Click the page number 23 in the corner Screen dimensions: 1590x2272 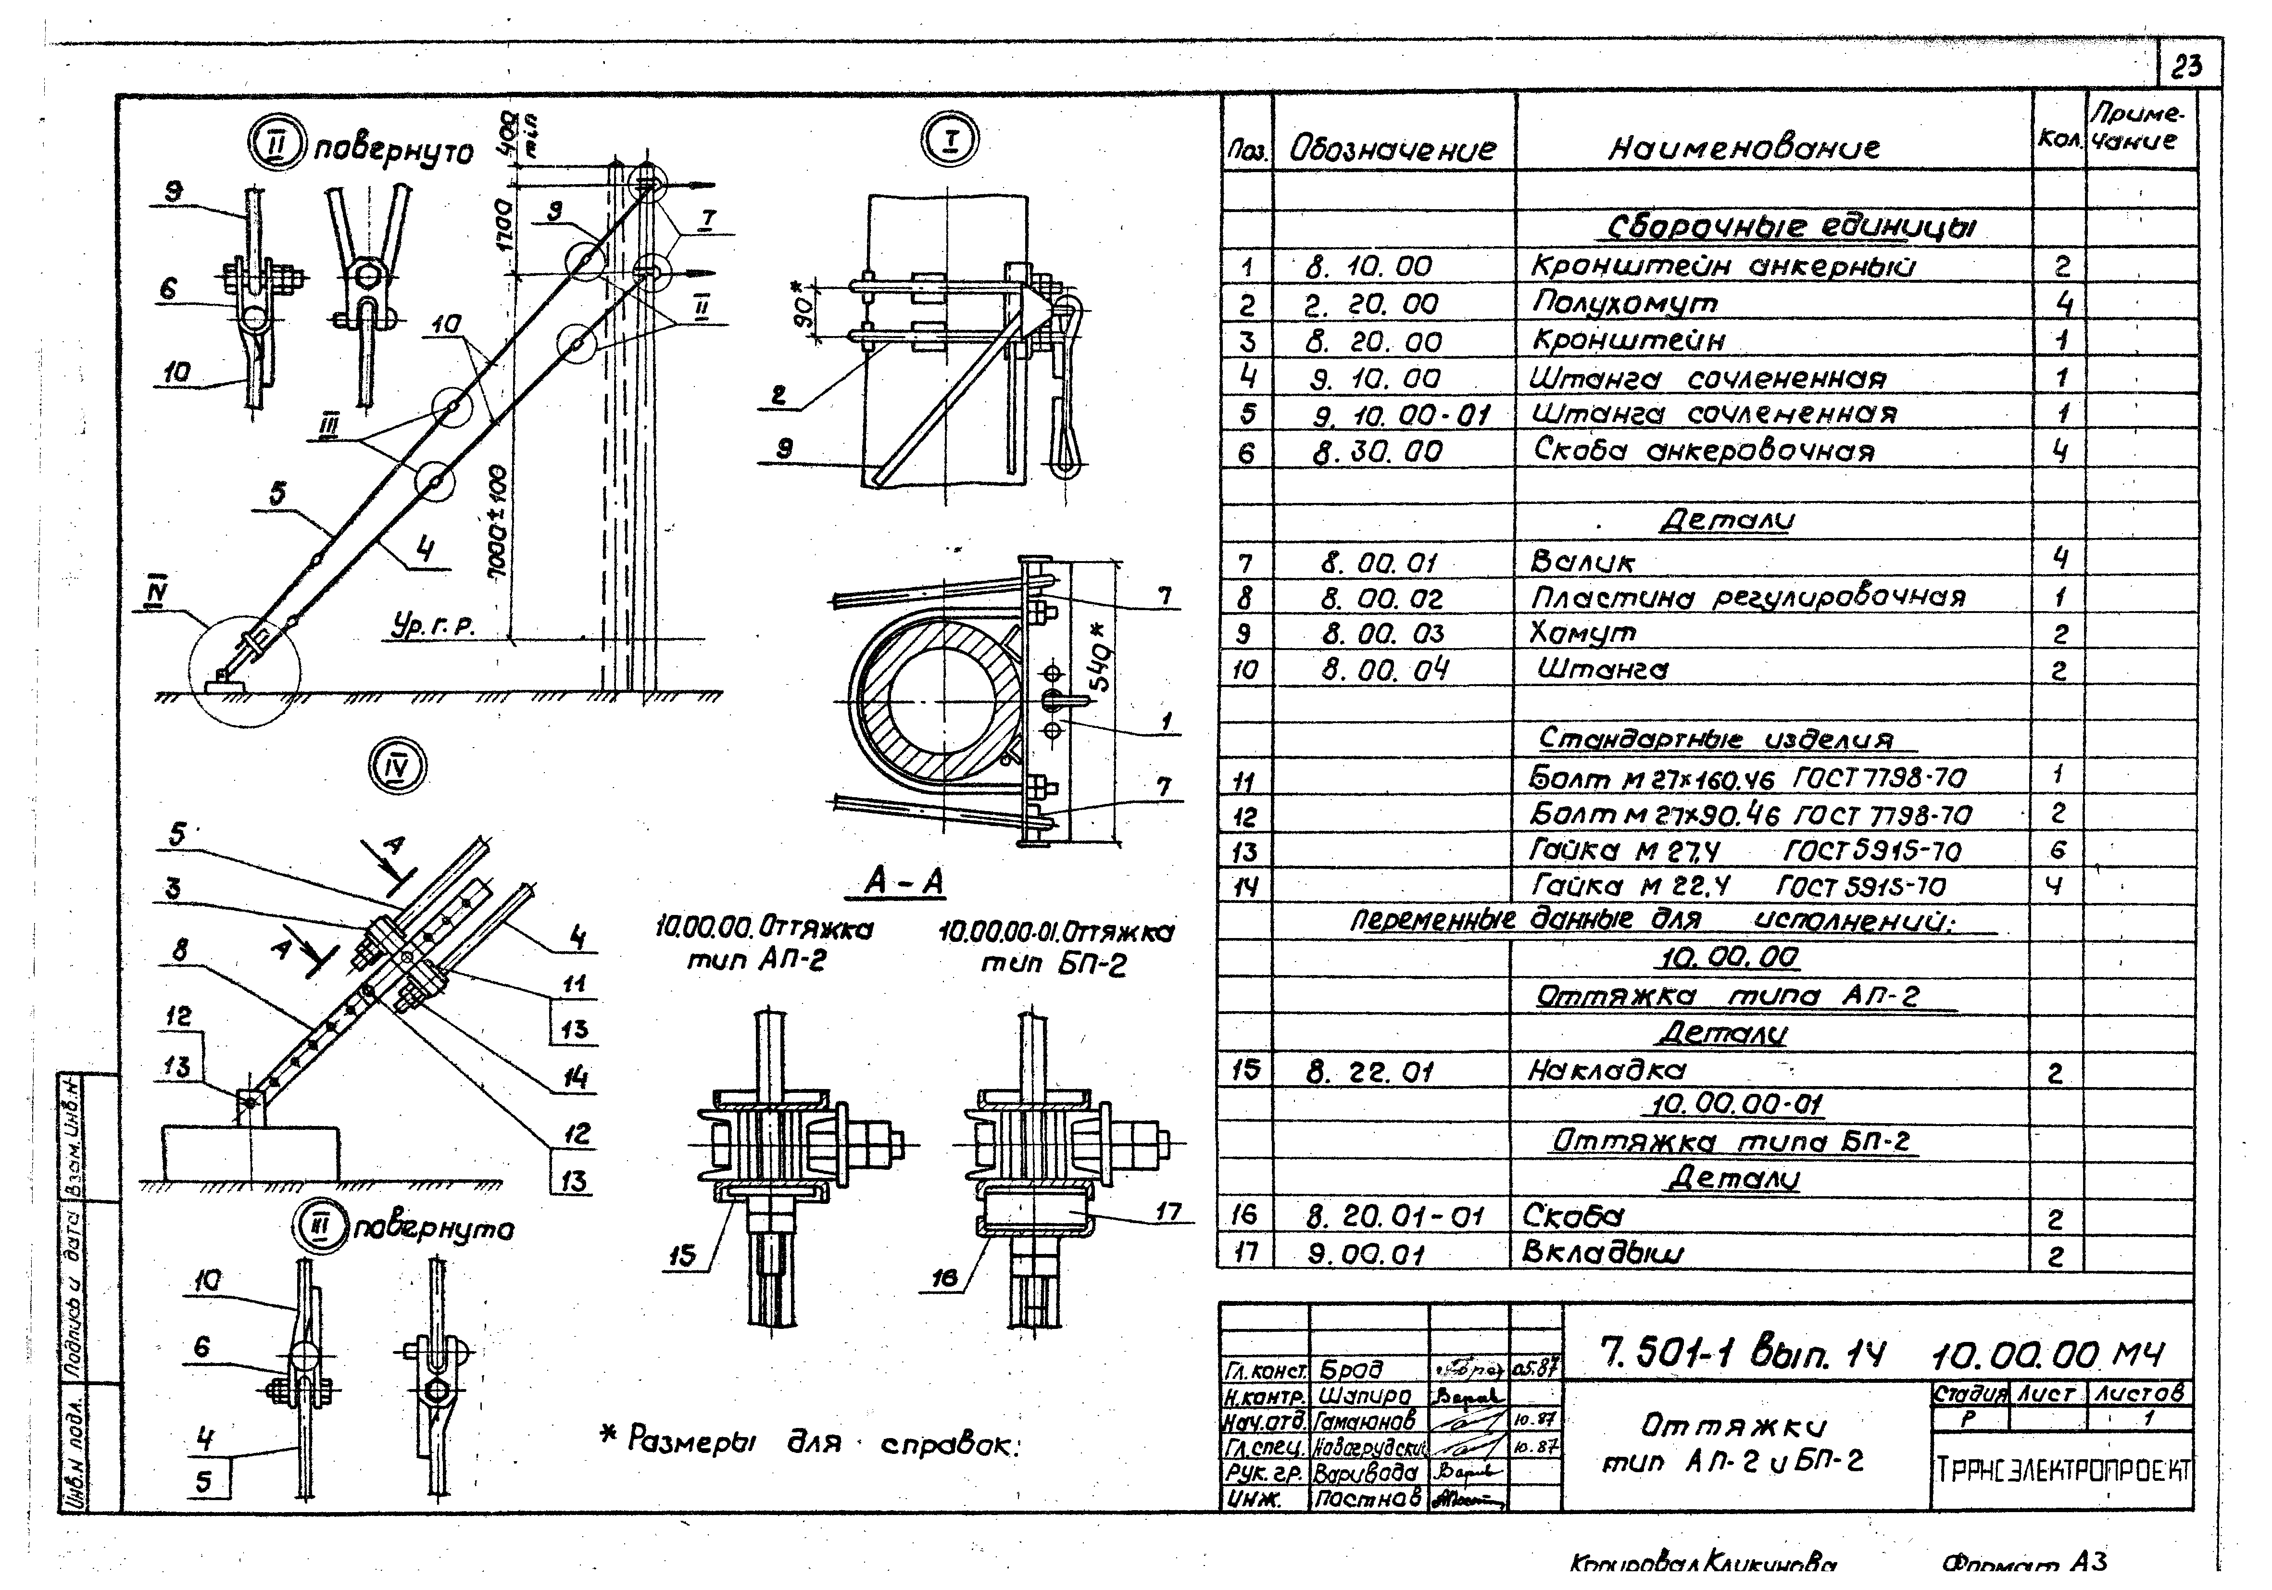[2187, 67]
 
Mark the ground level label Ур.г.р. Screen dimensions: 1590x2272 [433, 626]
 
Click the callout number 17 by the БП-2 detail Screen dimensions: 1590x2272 [1168, 1211]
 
